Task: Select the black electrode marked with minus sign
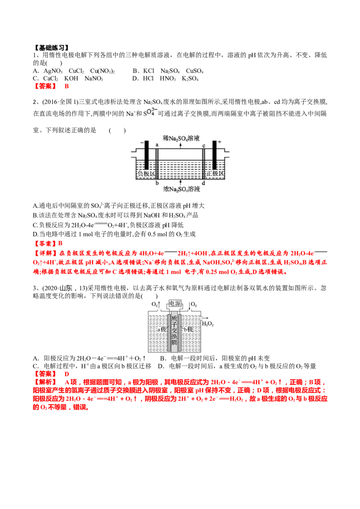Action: coord(146,155)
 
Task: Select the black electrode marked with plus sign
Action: coord(215,155)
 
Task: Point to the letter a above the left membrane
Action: coord(157,145)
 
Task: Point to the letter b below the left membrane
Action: coord(157,184)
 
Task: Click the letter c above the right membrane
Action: coord(204,145)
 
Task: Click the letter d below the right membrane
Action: coord(204,184)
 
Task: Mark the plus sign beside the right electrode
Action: coord(220,142)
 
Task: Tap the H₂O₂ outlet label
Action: coord(207,324)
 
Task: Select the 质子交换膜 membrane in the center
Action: coord(175,332)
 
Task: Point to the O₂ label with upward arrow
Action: coord(155,304)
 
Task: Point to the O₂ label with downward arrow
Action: coord(194,304)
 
